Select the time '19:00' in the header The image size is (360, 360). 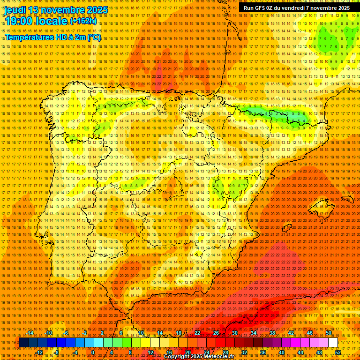20,21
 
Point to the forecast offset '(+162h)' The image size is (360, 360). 83,21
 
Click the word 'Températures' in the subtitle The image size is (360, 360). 29,37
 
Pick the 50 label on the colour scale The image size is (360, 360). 329,333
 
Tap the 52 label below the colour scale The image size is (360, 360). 338,352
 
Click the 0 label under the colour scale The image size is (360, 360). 93,352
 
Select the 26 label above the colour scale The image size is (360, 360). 216,333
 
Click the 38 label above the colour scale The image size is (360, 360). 272,333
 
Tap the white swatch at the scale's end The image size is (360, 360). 333,342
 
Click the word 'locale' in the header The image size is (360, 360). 52,21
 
